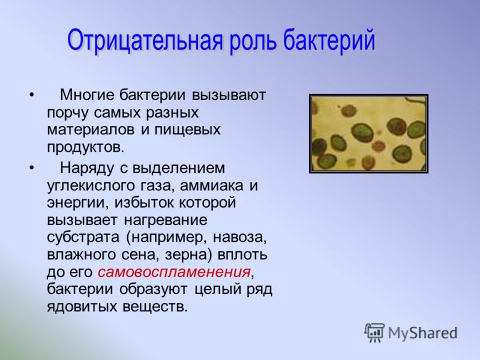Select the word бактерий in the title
coord(329,40)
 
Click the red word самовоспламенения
coord(174,272)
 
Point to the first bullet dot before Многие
coord(32,95)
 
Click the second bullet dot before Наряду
coord(32,168)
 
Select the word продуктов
coord(86,147)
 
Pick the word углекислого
coord(91,185)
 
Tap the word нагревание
coord(166,220)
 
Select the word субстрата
coord(83,238)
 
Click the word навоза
coord(239,238)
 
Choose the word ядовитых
coord(82,307)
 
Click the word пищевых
coord(188,130)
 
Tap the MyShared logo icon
coord(374,332)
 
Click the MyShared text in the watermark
coord(423,333)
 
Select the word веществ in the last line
coord(155,307)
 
